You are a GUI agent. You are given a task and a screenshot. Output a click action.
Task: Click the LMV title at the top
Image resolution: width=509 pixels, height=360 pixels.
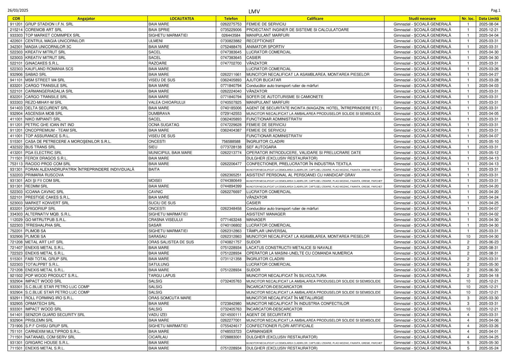(254, 11)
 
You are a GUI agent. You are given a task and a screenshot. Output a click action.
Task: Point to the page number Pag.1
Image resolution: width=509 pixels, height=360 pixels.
(496, 11)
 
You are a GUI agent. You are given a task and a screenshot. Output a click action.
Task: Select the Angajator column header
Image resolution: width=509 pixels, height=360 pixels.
(86, 19)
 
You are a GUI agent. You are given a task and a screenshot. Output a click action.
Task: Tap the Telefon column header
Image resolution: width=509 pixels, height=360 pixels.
(231, 19)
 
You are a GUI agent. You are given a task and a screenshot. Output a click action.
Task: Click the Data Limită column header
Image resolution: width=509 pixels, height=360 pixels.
(489, 19)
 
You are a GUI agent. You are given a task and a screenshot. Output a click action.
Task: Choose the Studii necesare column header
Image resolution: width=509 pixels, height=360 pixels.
(422, 19)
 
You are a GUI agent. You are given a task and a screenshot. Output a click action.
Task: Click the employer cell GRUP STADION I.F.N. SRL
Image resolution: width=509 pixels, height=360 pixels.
(49, 24)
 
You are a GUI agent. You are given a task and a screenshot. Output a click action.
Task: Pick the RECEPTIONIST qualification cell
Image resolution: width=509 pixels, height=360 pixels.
(260, 41)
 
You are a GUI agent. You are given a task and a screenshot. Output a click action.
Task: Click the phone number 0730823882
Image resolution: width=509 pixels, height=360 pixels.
(231, 41)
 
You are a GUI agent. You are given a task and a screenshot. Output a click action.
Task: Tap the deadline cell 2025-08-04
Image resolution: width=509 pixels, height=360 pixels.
(489, 24)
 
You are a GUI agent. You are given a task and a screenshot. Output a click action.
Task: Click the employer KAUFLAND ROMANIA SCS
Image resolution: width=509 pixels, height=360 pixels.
(49, 69)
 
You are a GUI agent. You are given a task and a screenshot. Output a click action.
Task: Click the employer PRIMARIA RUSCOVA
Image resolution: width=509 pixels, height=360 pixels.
(44, 175)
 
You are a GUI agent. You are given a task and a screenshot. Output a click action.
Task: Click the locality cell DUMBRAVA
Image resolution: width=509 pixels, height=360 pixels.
(159, 114)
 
